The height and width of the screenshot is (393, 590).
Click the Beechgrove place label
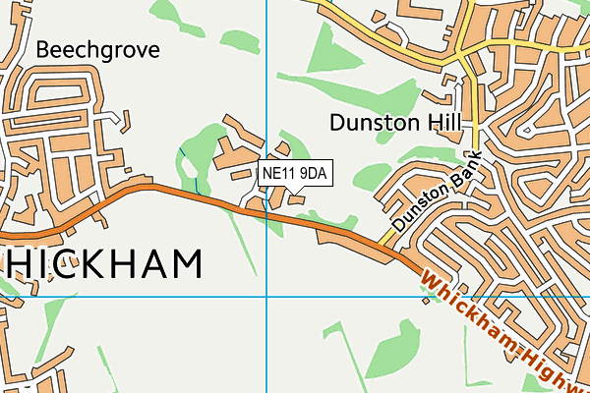[97, 49]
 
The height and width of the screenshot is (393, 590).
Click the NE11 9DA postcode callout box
[297, 173]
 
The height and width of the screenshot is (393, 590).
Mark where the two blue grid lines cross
[266, 296]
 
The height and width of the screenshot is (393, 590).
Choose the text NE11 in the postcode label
[279, 173]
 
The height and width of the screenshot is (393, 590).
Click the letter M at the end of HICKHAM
[186, 263]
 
